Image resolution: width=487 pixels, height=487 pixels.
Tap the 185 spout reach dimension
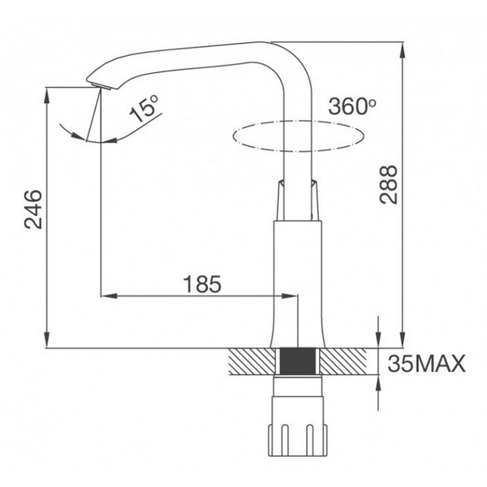click(x=201, y=284)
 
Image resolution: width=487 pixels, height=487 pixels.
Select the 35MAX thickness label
click(x=426, y=363)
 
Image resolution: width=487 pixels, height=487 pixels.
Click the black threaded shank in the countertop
click(x=299, y=362)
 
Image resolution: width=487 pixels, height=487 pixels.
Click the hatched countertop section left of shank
click(x=252, y=362)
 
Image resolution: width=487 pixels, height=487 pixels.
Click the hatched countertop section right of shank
click(x=348, y=362)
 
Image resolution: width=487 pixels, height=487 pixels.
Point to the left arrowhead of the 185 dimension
click(x=106, y=295)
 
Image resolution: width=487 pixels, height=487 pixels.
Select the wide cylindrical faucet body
click(x=299, y=276)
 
